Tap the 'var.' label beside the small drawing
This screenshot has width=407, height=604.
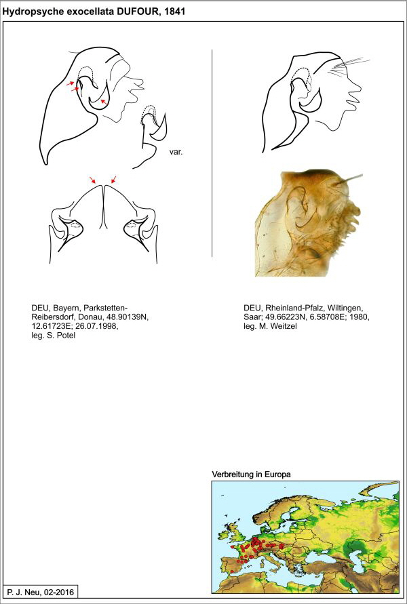point(176,153)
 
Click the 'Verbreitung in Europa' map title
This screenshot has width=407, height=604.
point(252,474)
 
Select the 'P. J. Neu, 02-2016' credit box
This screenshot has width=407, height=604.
point(39,592)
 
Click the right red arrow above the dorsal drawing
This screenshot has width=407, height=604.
point(113,180)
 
